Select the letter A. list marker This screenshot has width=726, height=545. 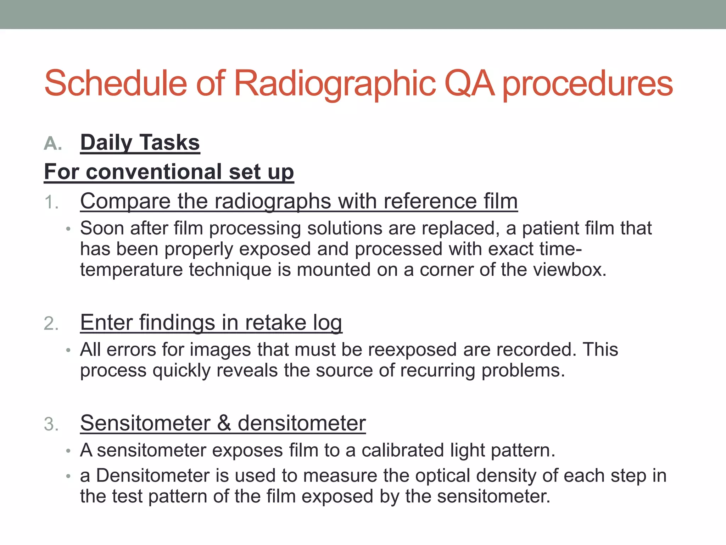click(53, 144)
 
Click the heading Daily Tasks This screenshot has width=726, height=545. click(140, 143)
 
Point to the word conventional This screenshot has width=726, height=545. click(154, 172)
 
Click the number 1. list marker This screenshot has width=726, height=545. click(51, 203)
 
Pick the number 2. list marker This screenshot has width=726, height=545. click(51, 324)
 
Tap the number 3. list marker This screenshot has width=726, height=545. click(51, 424)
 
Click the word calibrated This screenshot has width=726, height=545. click(403, 451)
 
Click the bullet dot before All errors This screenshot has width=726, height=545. click(68, 351)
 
